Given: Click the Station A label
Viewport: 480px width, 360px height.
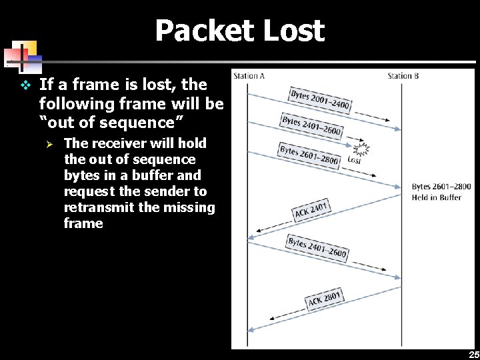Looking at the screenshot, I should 249,76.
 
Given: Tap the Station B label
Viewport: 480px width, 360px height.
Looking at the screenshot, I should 403,76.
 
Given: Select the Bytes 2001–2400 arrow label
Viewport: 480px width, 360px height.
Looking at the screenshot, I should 320,101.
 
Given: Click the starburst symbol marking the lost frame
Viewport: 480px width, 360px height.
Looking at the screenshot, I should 361,149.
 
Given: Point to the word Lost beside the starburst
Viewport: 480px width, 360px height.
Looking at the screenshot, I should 354,160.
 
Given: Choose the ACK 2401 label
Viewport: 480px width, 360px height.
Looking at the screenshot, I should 311,211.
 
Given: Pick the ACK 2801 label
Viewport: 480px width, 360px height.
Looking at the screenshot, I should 325,298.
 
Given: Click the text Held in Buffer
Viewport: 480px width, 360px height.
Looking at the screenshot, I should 437,197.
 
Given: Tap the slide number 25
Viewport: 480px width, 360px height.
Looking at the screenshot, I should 473,355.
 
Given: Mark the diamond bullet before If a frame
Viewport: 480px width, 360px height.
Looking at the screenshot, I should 25,85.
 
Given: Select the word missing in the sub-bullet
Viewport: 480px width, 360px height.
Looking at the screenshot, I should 191,207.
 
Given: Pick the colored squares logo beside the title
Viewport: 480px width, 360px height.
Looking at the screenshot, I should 23,57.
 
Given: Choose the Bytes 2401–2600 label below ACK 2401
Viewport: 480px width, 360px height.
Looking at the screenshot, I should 317,247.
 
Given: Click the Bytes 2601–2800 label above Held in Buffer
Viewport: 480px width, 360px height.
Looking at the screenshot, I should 441,187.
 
